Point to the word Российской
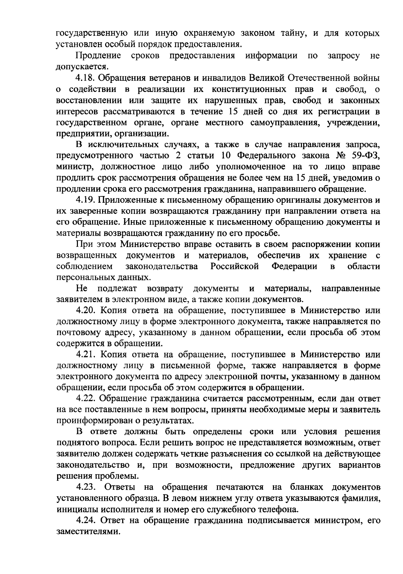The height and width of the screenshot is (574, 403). pos(235,267)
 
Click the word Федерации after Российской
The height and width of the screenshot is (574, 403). pos(294,267)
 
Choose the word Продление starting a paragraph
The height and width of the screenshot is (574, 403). pos(99,56)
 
